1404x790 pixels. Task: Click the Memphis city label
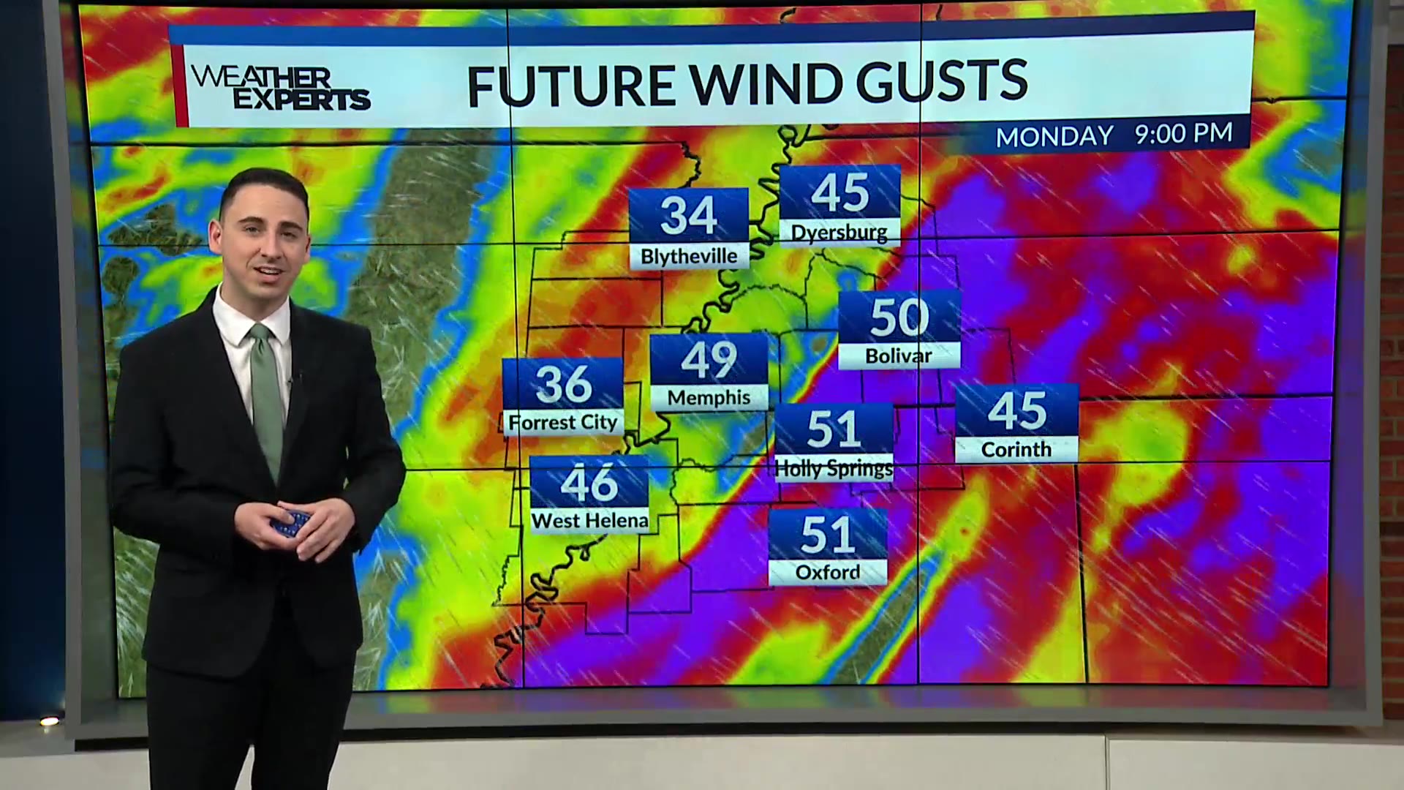[709, 397]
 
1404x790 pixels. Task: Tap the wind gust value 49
[709, 360]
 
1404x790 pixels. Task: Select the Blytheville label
[689, 256]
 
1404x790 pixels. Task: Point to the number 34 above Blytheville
[689, 215]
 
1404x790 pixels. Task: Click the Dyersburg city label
[839, 233]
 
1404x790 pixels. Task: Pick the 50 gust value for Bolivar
[899, 317]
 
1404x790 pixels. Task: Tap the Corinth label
[1016, 449]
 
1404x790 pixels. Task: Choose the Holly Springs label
[834, 468]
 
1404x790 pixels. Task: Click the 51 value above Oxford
[828, 535]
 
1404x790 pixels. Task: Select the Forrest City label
[563, 422]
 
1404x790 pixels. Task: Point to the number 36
[563, 383]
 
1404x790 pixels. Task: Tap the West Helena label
[589, 521]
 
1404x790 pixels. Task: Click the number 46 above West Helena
[589, 483]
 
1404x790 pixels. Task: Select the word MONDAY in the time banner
[1054, 136]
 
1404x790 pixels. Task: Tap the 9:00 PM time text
[1183, 133]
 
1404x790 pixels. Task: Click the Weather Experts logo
[280, 89]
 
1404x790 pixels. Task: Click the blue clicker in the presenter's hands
[291, 524]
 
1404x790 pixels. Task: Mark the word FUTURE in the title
[570, 85]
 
